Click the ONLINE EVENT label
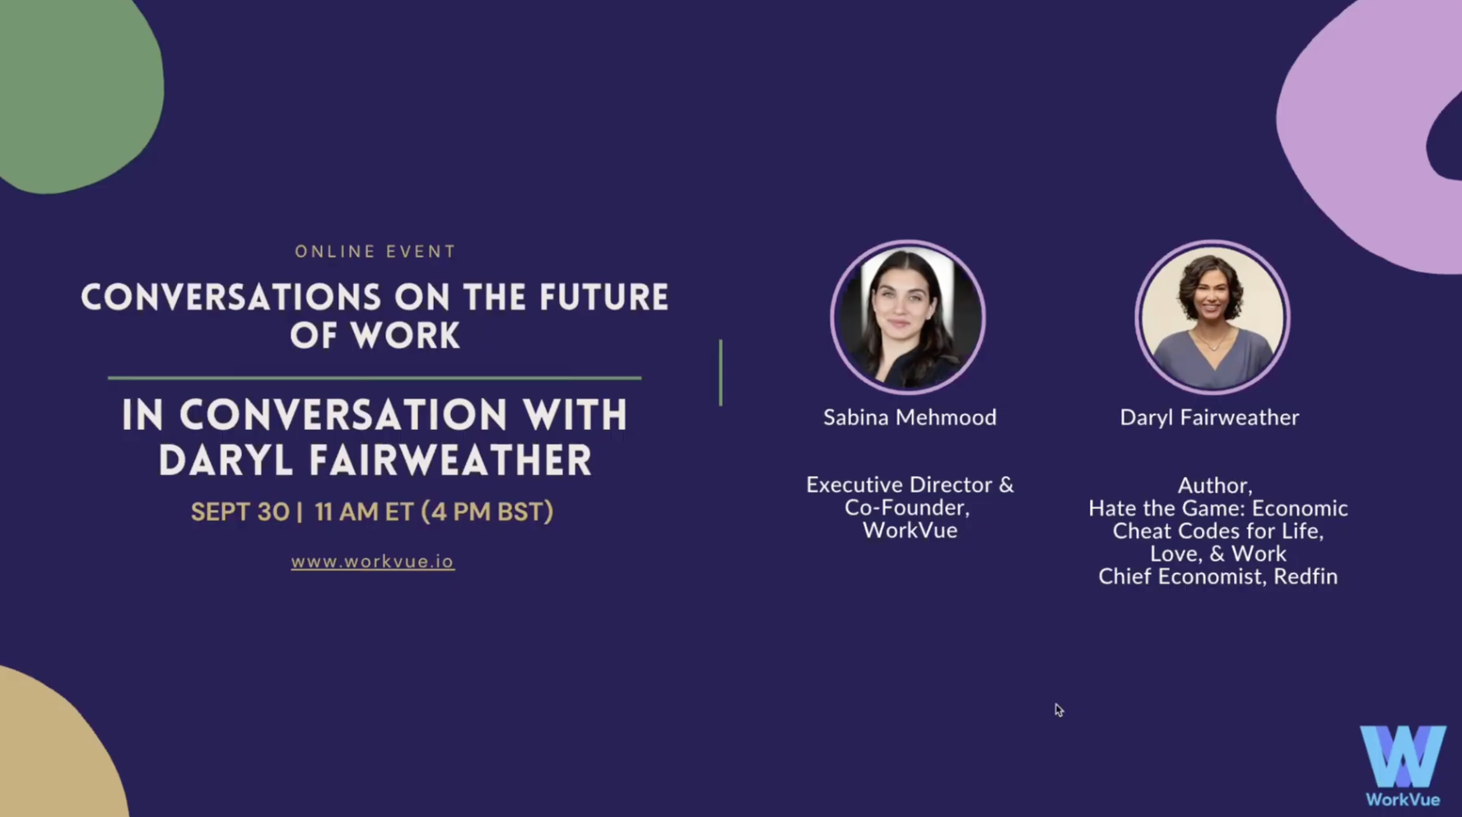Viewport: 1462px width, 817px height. pos(375,252)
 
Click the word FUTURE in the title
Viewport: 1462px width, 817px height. pos(604,298)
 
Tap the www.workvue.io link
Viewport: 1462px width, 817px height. pos(372,562)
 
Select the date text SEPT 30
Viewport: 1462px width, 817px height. pos(240,512)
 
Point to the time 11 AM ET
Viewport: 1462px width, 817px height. pos(364,512)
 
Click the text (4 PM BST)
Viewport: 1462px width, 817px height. pos(487,512)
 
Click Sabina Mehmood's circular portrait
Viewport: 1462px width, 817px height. pos(908,317)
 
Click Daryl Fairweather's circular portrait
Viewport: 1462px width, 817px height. pos(1213,317)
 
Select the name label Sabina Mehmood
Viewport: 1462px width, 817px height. pos(910,418)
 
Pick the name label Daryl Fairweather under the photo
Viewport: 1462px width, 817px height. pos(1209,418)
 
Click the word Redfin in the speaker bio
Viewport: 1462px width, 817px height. pos(1306,577)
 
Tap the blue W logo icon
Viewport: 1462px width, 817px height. pos(1403,756)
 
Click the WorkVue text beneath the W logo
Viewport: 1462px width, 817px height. pos(1403,800)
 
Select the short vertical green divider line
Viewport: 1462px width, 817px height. pos(720,372)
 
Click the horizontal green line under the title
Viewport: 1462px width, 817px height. pos(375,378)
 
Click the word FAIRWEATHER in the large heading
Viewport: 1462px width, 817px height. pos(450,460)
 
